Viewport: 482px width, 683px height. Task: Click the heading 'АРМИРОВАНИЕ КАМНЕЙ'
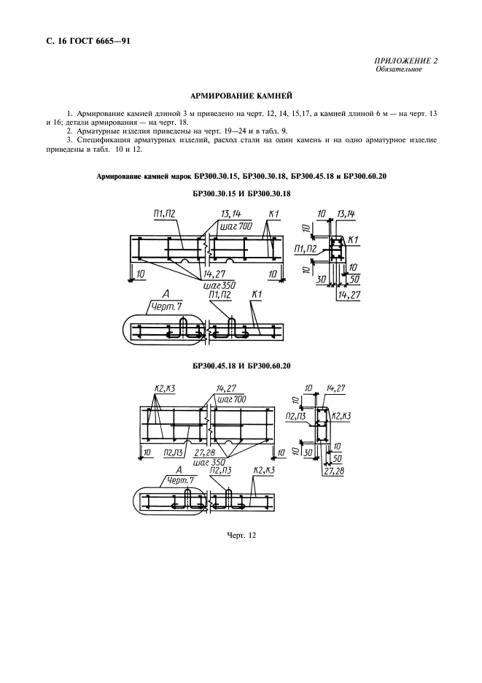click(x=241, y=95)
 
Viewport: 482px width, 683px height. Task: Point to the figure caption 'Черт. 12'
click(x=241, y=536)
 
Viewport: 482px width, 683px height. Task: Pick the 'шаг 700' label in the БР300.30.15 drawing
click(x=234, y=227)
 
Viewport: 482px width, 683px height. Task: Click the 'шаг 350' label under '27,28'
click(x=209, y=461)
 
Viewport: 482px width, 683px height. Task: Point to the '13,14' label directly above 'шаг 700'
click(x=231, y=215)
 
